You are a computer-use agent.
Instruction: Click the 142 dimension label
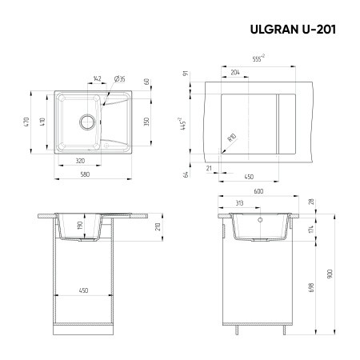tap(98, 78)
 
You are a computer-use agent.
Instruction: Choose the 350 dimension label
tap(147, 120)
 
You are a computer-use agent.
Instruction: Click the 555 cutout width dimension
tap(258, 58)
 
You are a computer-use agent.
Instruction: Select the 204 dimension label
tap(234, 72)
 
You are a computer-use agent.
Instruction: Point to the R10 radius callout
tap(230, 138)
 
